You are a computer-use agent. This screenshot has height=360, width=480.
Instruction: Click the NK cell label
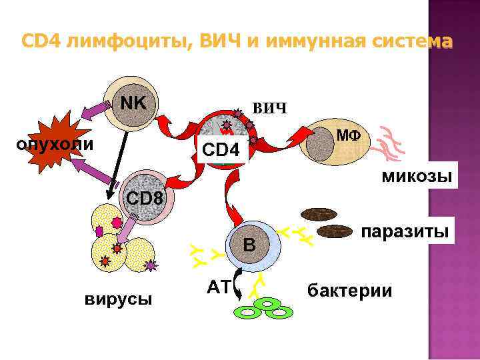tap(136, 103)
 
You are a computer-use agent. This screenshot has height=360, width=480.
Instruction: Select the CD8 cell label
tap(145, 198)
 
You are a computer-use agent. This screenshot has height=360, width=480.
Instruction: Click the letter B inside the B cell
tap(249, 245)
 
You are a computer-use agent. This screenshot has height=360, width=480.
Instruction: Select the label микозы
tap(416, 177)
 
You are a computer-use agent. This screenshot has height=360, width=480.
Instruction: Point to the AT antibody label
tap(218, 287)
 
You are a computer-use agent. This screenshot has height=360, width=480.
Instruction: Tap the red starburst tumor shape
tap(53, 143)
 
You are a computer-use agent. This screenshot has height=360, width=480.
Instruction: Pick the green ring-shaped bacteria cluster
tap(266, 309)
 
